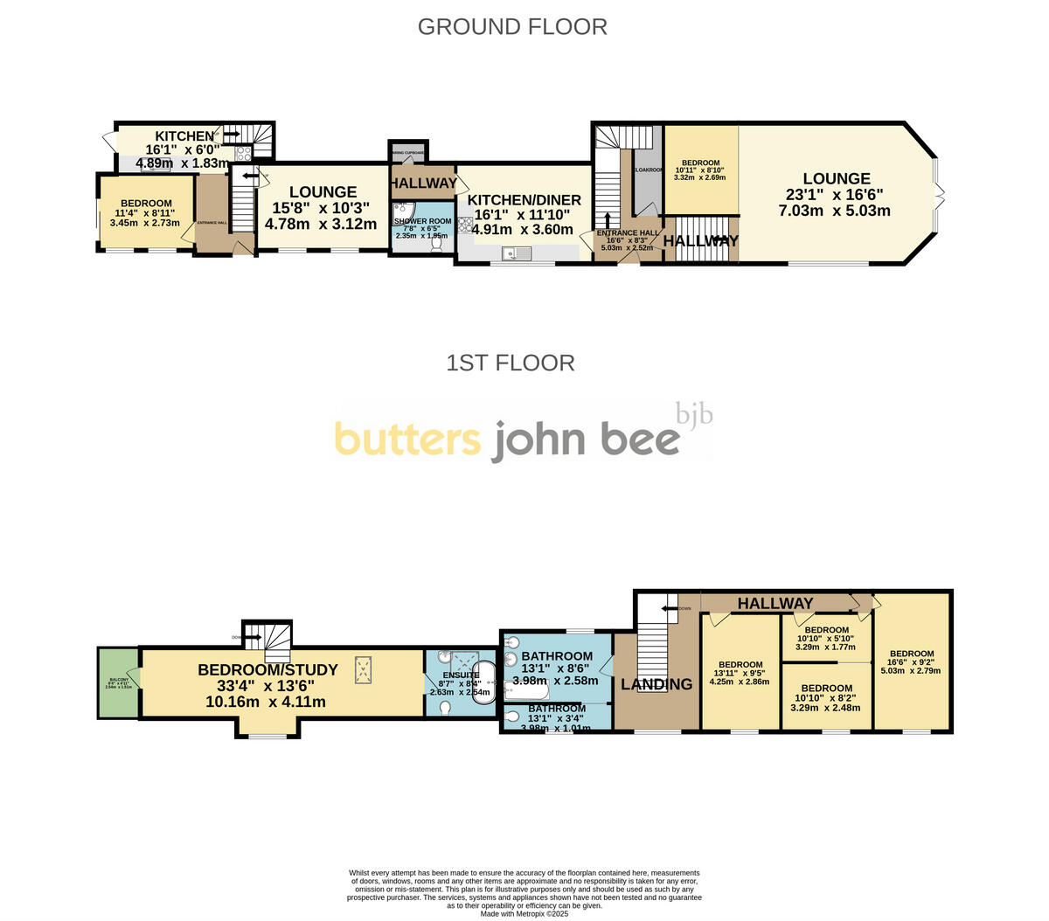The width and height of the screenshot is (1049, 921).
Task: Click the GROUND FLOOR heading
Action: click(512, 27)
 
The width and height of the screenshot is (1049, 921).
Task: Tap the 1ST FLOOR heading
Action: click(511, 363)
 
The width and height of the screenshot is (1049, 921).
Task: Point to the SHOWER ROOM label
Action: click(422, 221)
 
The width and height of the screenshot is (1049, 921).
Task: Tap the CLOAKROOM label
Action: click(649, 170)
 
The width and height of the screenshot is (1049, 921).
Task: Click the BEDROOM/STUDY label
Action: click(267, 670)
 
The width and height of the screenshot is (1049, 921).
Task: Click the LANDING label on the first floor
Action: click(656, 684)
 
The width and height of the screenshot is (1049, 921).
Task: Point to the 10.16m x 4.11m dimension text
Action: click(266, 702)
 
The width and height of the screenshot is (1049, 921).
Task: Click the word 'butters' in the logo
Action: click(406, 440)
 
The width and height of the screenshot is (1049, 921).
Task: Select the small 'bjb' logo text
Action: click(694, 412)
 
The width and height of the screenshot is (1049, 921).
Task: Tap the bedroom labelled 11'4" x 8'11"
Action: click(146, 212)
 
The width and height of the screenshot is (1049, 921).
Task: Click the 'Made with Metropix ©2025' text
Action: click(524, 914)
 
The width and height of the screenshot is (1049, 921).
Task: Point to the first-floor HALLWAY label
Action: click(775, 603)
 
